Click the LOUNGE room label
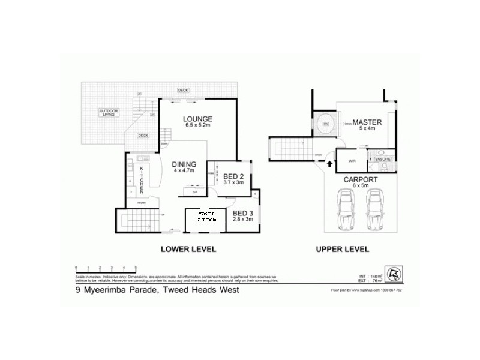[x=197, y=118]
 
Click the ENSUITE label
[x=383, y=160]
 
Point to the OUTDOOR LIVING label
[x=109, y=112]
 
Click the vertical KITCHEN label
[x=142, y=179]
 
